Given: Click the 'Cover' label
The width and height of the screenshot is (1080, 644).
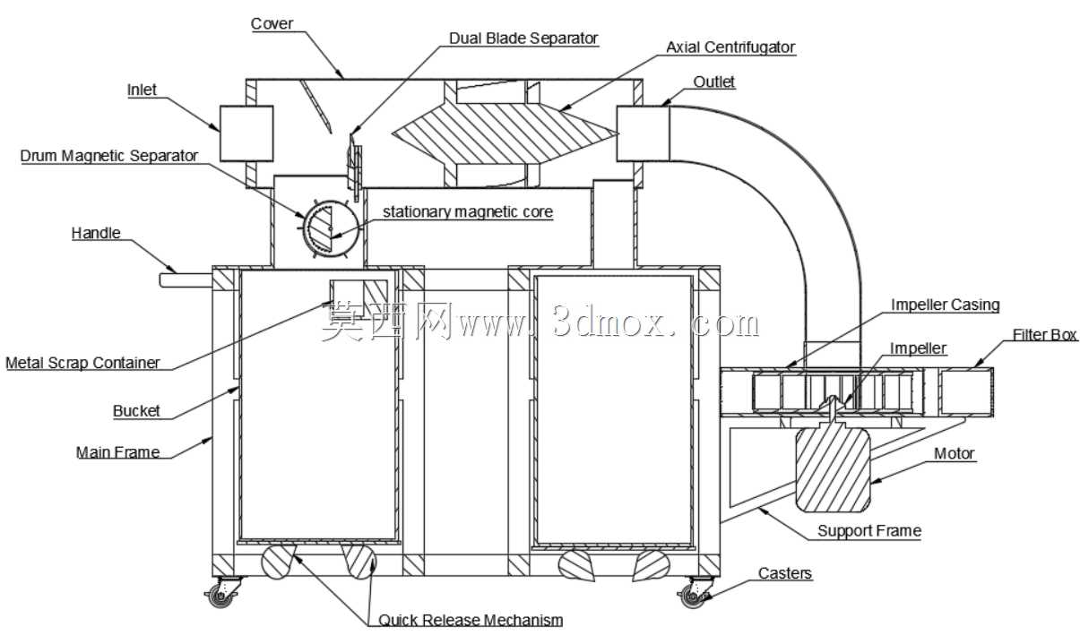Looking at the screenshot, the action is [272, 23].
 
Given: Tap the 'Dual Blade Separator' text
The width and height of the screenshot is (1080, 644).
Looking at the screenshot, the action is [523, 39].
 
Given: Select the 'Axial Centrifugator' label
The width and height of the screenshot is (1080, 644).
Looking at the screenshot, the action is [730, 47].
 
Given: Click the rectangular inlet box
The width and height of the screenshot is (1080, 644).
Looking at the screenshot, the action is [246, 133].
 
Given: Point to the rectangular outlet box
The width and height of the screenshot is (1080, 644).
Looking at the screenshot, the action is [644, 133].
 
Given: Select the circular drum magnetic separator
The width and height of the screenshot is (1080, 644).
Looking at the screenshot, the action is [331, 228].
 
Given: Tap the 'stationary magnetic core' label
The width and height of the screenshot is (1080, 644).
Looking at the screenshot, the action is [468, 212].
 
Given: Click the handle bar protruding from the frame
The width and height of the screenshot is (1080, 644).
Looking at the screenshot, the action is [186, 280].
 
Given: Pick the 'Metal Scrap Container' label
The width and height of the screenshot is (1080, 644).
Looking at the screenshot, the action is [82, 363].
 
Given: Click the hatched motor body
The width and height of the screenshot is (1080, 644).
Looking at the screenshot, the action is [833, 468].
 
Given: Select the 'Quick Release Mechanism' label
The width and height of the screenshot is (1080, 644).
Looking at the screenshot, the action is [471, 620].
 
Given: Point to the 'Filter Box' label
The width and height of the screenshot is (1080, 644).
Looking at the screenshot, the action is [1044, 335].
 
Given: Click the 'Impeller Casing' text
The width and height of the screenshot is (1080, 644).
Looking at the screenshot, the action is [945, 305].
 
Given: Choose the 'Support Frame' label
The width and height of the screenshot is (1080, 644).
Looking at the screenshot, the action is [869, 531].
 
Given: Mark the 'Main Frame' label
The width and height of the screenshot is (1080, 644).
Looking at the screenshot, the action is [117, 452].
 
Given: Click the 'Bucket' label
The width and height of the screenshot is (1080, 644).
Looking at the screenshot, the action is [136, 411].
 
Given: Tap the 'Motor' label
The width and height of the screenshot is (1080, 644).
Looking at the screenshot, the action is [955, 453].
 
